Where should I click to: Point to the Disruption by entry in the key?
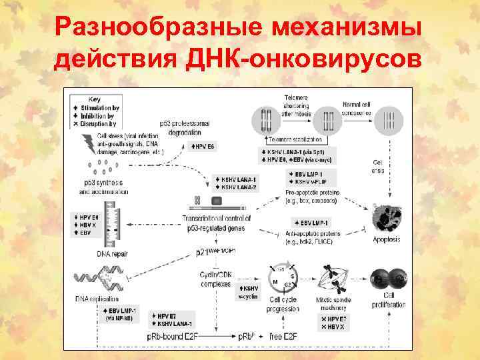click(97, 123)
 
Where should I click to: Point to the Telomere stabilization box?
click(294, 140)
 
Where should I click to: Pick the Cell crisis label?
click(378, 166)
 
